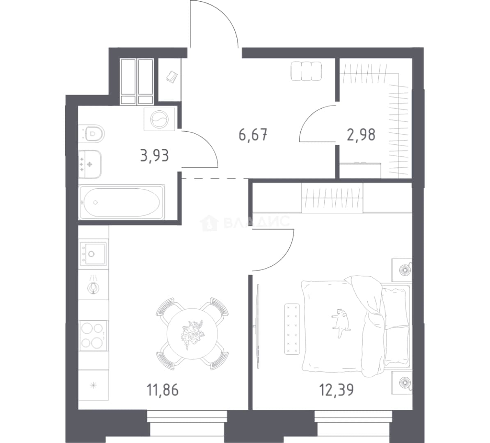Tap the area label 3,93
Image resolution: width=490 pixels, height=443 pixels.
(x=155, y=155)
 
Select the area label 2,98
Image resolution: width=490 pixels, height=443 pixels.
(x=361, y=135)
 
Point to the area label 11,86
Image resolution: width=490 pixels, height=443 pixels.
(x=163, y=390)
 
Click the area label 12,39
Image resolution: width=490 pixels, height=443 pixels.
(x=336, y=390)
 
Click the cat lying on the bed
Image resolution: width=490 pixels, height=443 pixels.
(x=341, y=323)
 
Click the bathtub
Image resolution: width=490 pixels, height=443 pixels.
(x=122, y=202)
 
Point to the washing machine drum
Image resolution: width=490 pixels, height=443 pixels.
(x=159, y=119)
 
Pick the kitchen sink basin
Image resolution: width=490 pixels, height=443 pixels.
(x=93, y=253)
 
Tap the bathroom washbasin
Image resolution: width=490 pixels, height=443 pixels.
(x=90, y=164)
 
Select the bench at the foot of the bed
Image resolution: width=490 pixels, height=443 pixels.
(x=292, y=329)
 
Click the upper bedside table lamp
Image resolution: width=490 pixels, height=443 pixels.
(x=405, y=269)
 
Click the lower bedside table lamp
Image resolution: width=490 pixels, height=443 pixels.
(x=405, y=382)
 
